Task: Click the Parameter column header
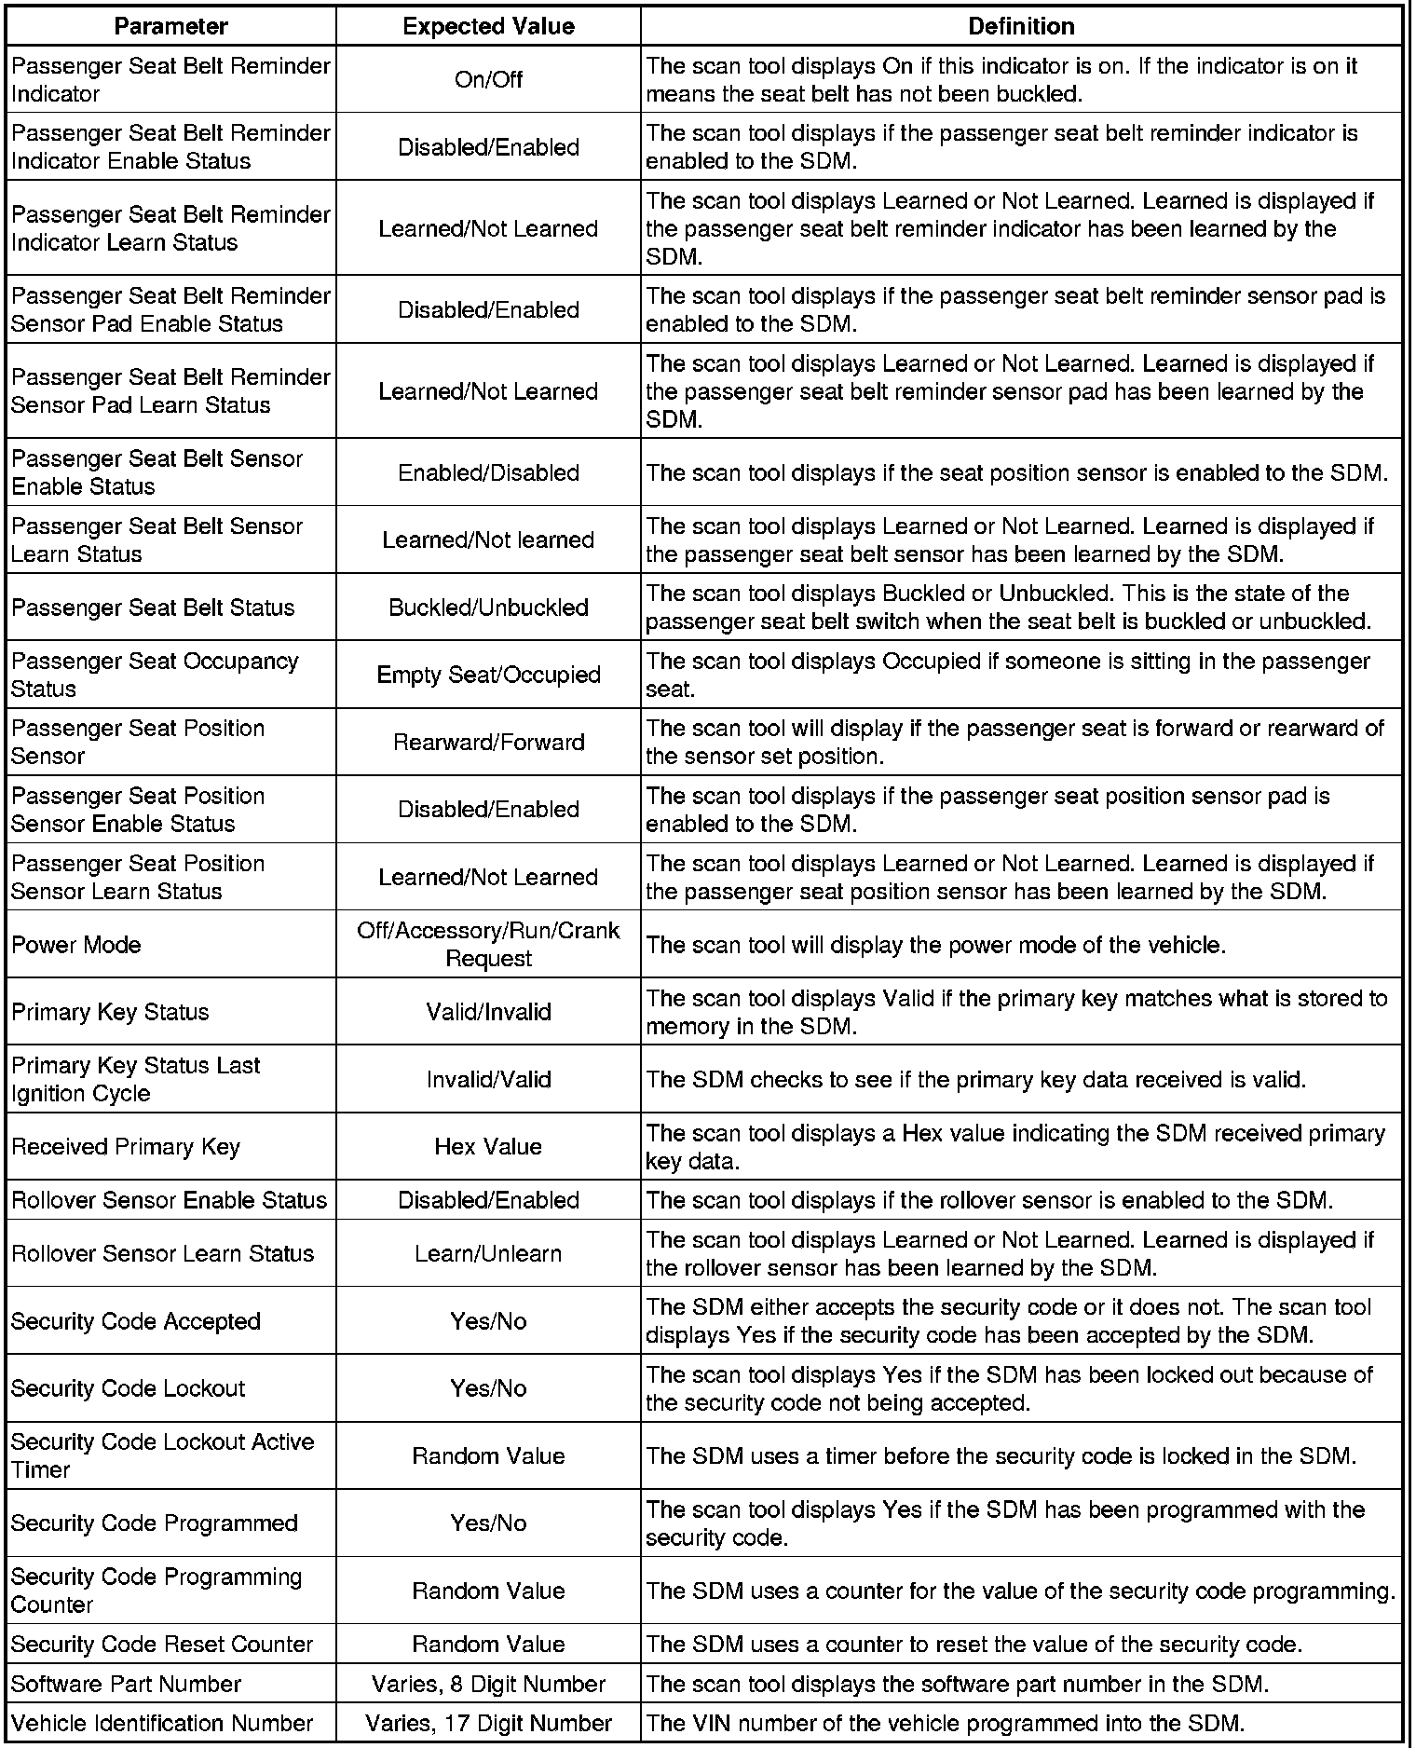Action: pyautogui.click(x=170, y=26)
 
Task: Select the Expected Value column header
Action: pyautogui.click(x=488, y=26)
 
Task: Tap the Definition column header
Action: pyautogui.click(x=1021, y=26)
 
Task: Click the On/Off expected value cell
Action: pyautogui.click(x=488, y=80)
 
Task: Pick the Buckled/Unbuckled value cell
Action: pyautogui.click(x=488, y=608)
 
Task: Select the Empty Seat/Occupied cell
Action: pyautogui.click(x=488, y=675)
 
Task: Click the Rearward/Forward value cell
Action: pyautogui.click(x=488, y=743)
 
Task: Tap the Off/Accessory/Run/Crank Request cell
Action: pyautogui.click(x=488, y=944)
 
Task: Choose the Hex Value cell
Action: pyautogui.click(x=488, y=1146)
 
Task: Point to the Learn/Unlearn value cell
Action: pyautogui.click(x=488, y=1253)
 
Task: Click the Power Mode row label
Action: pyautogui.click(x=76, y=945)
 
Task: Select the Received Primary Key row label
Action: pyautogui.click(x=126, y=1146)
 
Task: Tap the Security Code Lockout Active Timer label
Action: pyautogui.click(x=162, y=1455)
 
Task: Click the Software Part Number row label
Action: pyautogui.click(x=126, y=1684)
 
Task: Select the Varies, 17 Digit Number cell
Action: pyautogui.click(x=488, y=1723)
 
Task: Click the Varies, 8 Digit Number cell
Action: pyautogui.click(x=488, y=1684)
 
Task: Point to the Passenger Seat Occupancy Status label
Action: pyautogui.click(x=155, y=675)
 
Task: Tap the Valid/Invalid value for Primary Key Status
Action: pyautogui.click(x=488, y=1012)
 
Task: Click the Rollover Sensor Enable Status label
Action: pyautogui.click(x=169, y=1200)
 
